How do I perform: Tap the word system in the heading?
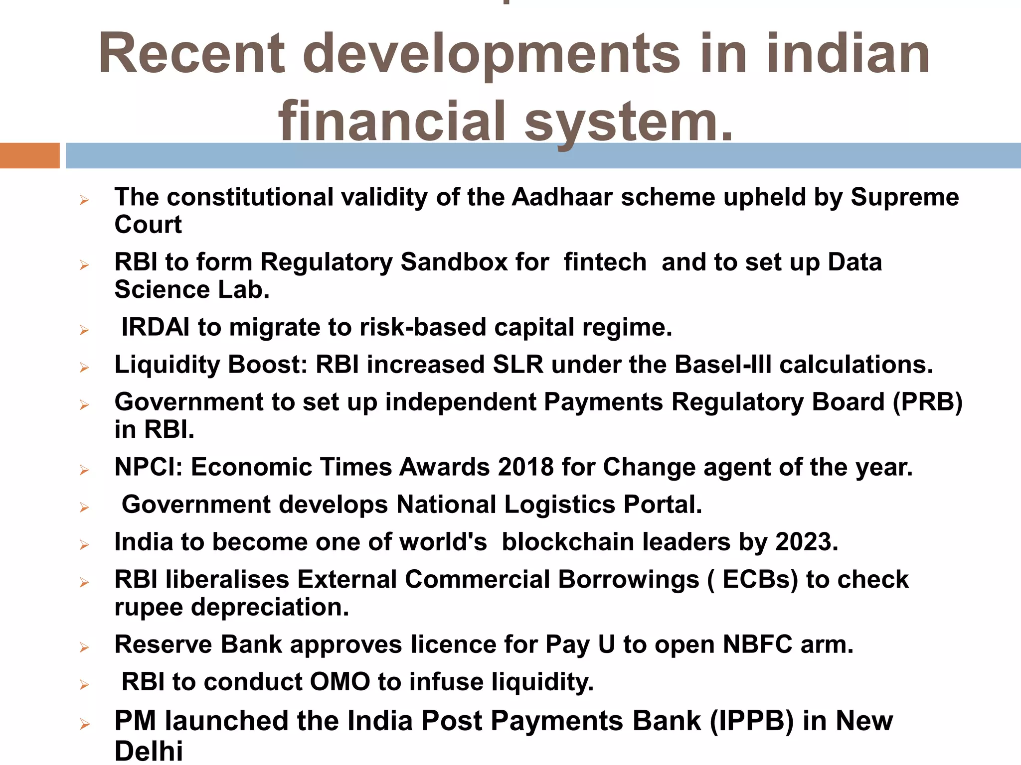(x=630, y=122)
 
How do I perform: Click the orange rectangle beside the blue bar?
(x=29, y=155)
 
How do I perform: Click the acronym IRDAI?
(x=156, y=327)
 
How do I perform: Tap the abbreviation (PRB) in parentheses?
(x=927, y=402)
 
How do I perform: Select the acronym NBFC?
(x=758, y=644)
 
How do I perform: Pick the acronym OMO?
(x=340, y=682)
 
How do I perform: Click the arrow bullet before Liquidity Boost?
(x=84, y=368)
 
